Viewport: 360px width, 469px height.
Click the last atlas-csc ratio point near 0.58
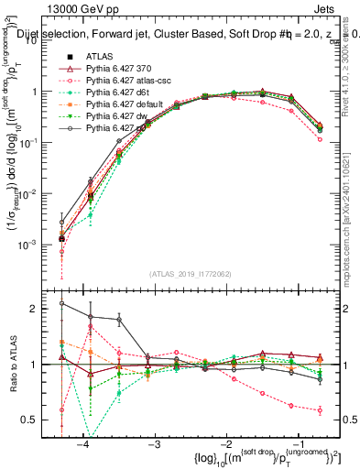point(319,410)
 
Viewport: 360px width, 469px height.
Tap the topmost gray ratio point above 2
point(61,303)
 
